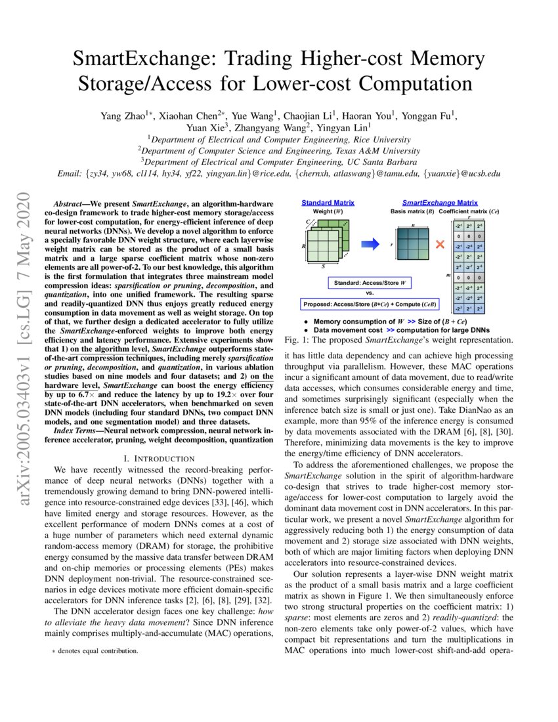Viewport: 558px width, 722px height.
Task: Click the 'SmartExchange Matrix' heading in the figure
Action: click(440, 203)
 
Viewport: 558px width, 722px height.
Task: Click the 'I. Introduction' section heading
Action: click(154, 458)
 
